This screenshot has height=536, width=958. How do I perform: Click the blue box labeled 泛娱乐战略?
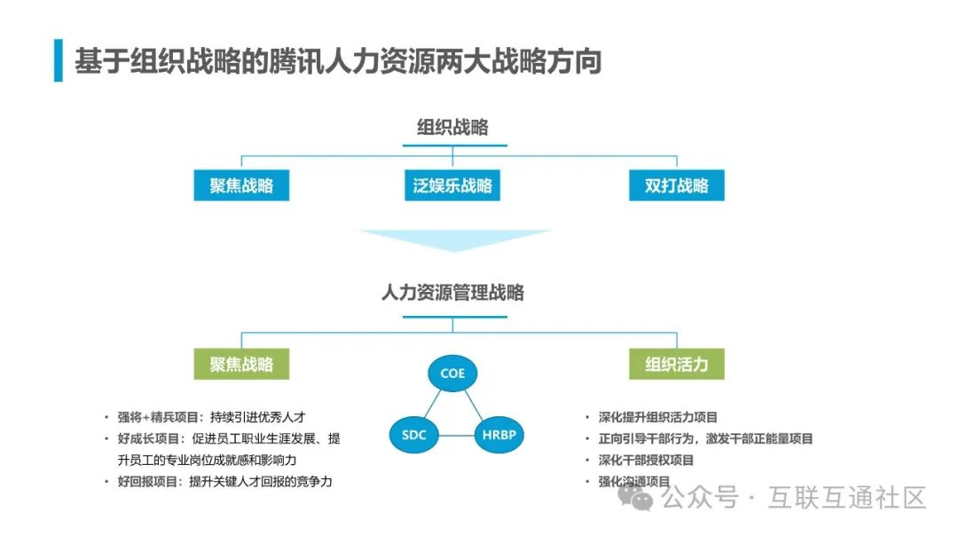coord(452,185)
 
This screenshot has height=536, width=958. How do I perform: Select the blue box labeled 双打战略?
coord(677,185)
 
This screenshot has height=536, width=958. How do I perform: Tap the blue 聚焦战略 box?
coord(241,185)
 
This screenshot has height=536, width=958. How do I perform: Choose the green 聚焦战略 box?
coord(241,364)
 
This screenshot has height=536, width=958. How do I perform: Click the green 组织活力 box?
coord(677,364)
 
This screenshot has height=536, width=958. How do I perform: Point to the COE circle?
coord(452,373)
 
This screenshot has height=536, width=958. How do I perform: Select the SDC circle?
coord(414,435)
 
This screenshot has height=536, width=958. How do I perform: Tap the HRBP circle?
coord(499,435)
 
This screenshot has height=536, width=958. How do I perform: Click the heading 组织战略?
coord(452,128)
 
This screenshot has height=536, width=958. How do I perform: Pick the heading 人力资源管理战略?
coord(452,292)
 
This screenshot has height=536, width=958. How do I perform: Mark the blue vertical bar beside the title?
coord(59,60)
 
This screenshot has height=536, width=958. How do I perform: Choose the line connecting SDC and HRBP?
coord(457,436)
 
